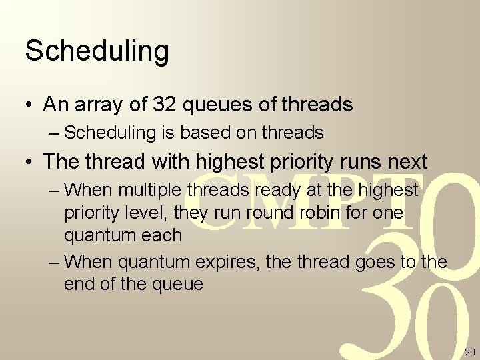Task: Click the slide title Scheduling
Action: tap(97, 51)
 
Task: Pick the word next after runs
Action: tap(405, 161)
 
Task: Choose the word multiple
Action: tap(151, 190)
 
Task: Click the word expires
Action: tap(231, 262)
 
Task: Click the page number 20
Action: tap(469, 352)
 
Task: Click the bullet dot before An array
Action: tap(29, 105)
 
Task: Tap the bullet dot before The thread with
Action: tap(29, 162)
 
